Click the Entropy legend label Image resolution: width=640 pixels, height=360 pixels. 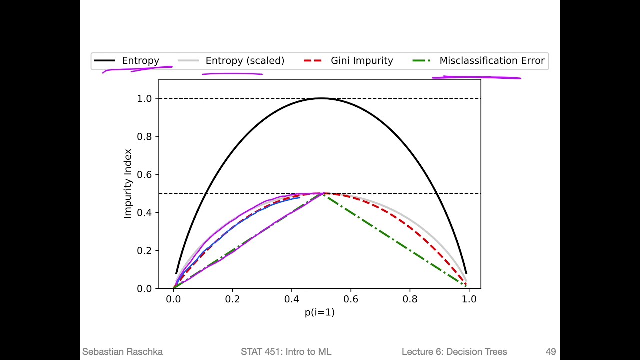(140, 61)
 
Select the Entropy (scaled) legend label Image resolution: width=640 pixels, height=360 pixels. (245, 61)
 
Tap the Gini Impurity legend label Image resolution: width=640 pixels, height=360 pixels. (362, 61)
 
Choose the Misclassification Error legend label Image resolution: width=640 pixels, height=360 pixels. (492, 61)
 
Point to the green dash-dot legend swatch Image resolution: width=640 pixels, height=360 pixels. (422, 61)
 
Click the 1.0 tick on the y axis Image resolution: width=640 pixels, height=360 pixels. (145, 98)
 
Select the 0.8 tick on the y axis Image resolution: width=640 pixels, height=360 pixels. (145, 136)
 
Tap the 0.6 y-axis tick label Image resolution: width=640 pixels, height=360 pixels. (145, 175)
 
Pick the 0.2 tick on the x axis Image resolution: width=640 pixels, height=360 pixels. (232, 299)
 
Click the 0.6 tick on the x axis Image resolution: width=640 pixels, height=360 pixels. (351, 299)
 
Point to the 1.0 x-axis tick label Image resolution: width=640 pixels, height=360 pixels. (469, 299)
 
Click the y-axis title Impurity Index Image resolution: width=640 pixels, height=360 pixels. (128, 183)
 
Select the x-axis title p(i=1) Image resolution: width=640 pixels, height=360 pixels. (320, 312)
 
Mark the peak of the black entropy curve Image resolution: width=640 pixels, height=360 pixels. (321, 98)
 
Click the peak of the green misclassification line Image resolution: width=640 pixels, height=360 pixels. (322, 194)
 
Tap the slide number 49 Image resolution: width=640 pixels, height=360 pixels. (550, 352)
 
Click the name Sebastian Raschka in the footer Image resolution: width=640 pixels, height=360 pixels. (122, 352)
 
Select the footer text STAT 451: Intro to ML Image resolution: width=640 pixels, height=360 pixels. (286, 352)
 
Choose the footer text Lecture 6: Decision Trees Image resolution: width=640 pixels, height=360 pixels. (454, 352)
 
